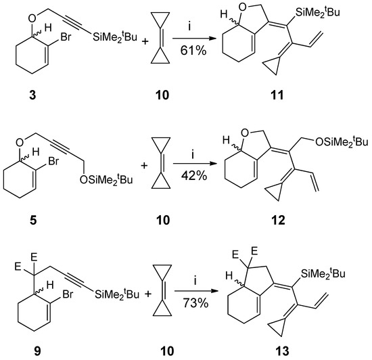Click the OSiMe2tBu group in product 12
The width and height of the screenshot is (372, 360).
click(x=335, y=141)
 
